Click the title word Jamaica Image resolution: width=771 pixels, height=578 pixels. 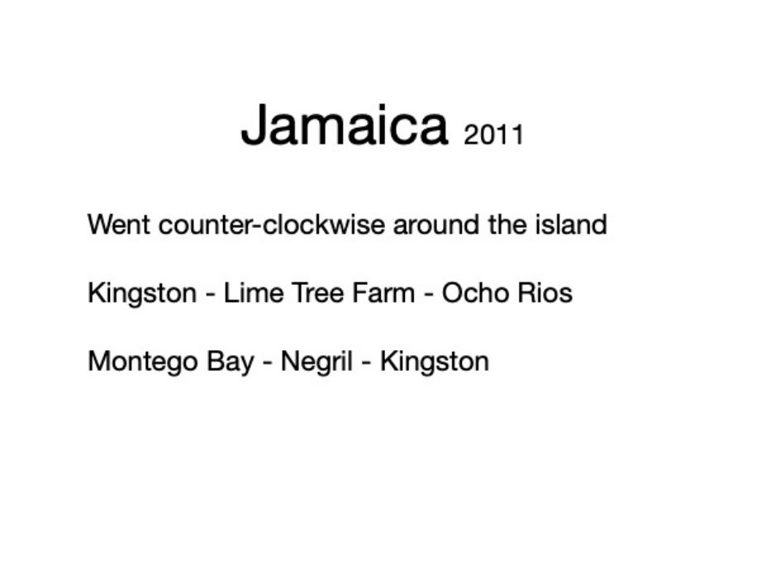[345, 125]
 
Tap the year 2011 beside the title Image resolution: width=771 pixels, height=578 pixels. [493, 135]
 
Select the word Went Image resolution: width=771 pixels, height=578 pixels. [119, 225]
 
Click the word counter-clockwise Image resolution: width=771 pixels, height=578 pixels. [272, 225]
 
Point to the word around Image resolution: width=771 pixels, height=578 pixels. [435, 225]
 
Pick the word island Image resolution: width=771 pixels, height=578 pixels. [571, 225]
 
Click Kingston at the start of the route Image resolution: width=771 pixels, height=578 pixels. [142, 293]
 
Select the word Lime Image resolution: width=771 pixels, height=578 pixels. [254, 293]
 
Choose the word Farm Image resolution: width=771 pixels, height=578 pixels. [383, 293]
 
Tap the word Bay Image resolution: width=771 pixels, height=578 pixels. [230, 362]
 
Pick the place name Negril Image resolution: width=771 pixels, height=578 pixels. [316, 362]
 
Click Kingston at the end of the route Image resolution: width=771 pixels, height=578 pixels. [435, 362]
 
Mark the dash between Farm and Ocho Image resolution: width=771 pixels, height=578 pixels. [428, 296]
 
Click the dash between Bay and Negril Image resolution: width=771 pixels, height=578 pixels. [268, 364]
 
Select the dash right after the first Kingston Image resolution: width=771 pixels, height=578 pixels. [211, 296]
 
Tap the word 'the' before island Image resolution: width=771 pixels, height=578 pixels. [507, 225]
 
